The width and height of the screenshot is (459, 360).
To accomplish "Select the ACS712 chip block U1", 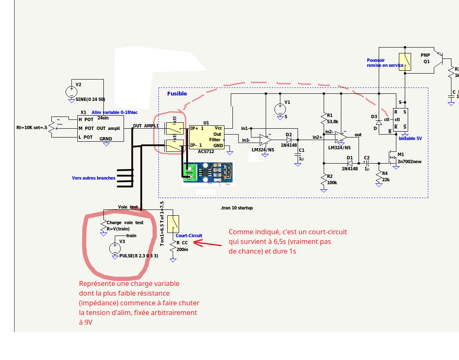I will pyautogui.click(x=206, y=136).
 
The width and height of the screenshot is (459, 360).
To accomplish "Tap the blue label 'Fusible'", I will pyautogui.click(x=177, y=93).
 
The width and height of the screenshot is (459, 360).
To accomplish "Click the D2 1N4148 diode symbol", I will pyautogui.click(x=289, y=139).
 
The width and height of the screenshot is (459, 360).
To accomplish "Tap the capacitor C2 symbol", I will pyautogui.click(x=366, y=162).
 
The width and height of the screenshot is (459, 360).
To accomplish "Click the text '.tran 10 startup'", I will pyautogui.click(x=237, y=208).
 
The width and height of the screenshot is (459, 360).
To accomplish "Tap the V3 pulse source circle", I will pyautogui.click(x=114, y=248).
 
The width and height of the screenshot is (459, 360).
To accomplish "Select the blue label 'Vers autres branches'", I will pyautogui.click(x=93, y=178).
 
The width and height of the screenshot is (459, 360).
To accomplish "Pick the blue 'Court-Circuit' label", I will pyautogui.click(x=189, y=236).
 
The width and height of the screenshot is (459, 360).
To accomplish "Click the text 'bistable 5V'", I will pyautogui.click(x=410, y=138).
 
